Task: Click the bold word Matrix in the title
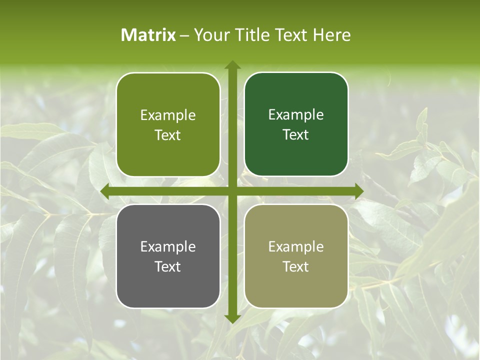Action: (148, 35)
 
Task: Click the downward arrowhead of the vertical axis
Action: (232, 319)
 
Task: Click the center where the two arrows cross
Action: (232, 191)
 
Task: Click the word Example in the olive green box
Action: (168, 115)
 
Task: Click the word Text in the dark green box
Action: (296, 135)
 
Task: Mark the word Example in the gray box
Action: (168, 247)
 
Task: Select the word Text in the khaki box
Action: (296, 266)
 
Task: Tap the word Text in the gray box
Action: (168, 266)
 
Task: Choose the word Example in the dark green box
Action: (296, 115)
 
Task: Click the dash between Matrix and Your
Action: (184, 35)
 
